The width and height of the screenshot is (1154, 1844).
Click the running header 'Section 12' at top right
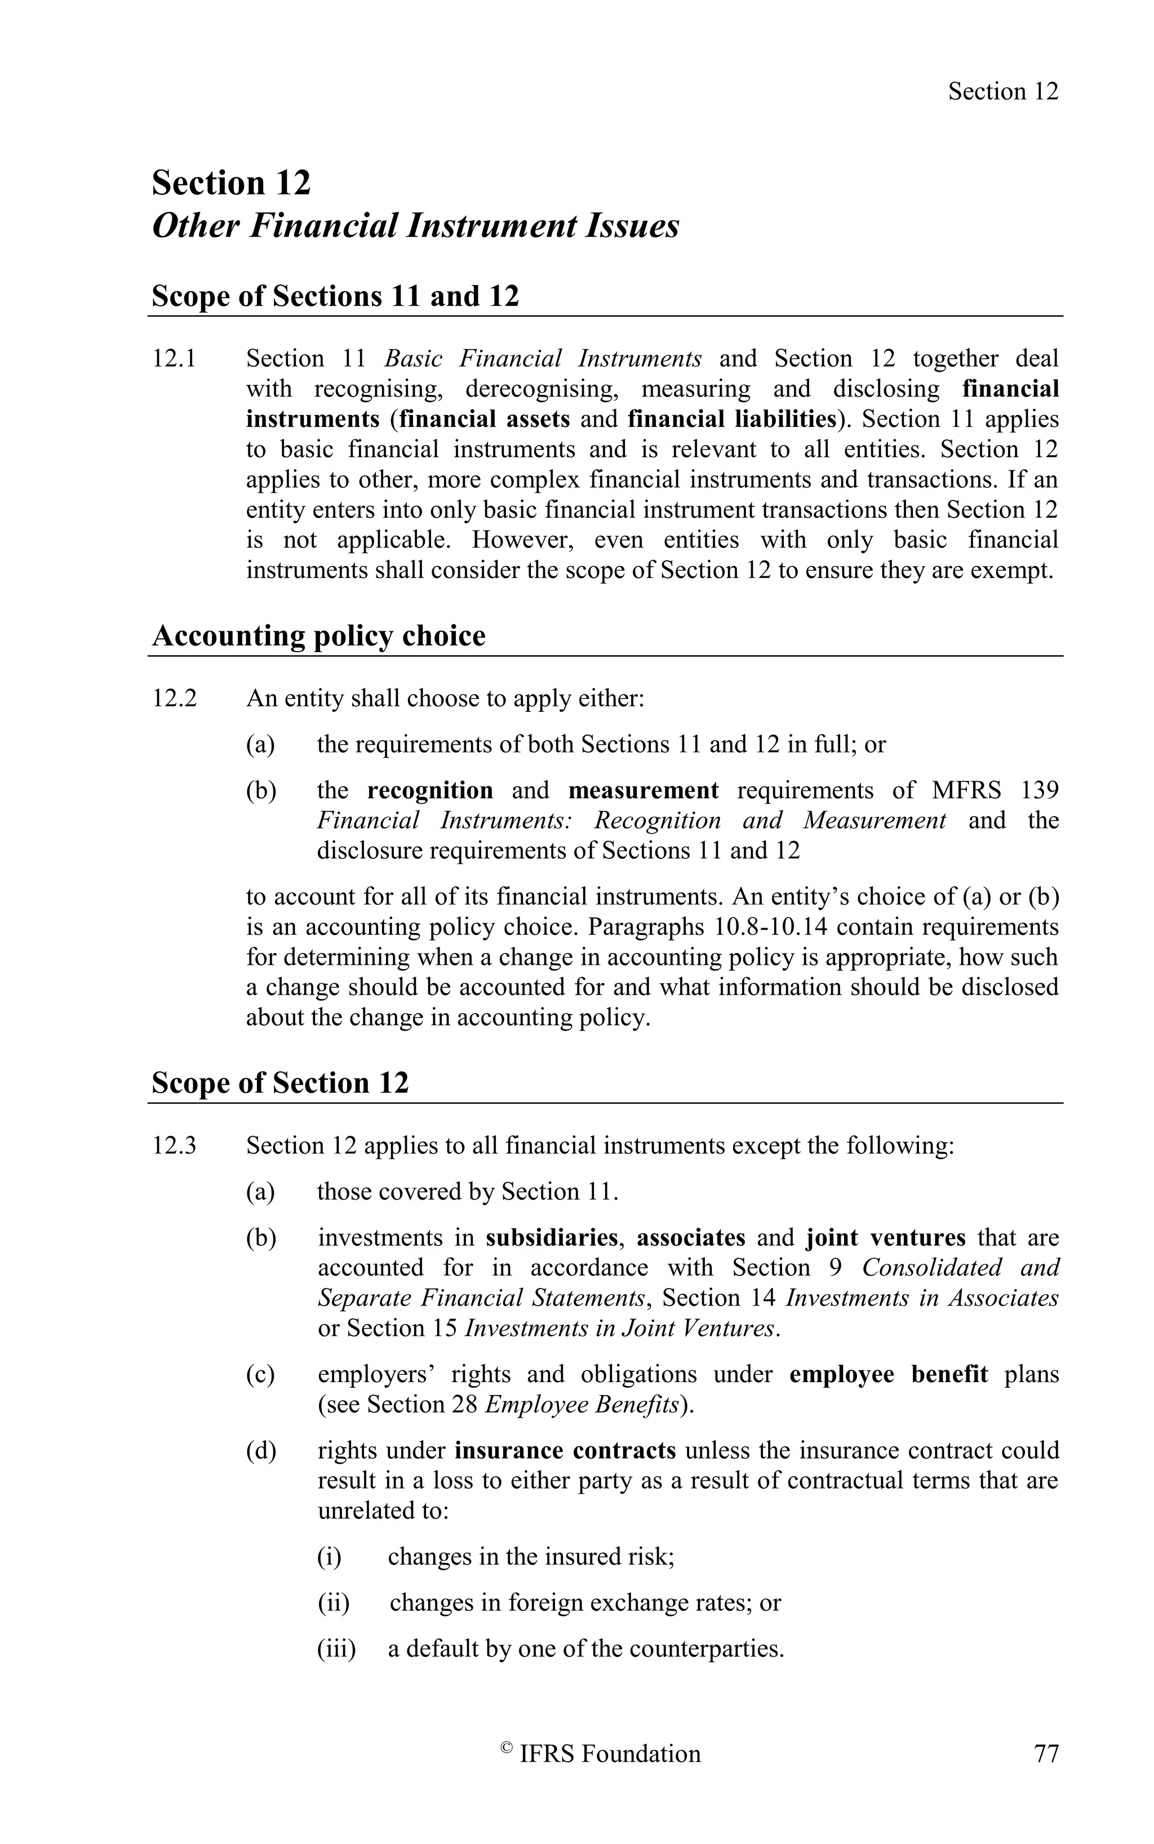tap(1003, 92)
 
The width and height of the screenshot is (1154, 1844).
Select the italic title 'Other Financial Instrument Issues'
tap(415, 226)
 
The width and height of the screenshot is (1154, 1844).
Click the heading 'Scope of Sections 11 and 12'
tap(335, 296)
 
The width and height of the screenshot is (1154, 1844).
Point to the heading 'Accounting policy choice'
tap(318, 635)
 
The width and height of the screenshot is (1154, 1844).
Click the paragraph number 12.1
tap(174, 359)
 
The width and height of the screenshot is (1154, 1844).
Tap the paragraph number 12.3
tap(174, 1146)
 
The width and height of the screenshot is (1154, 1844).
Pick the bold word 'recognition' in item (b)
tap(430, 790)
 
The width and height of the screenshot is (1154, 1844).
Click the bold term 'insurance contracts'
tap(565, 1450)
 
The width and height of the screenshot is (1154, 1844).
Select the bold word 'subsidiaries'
tap(551, 1237)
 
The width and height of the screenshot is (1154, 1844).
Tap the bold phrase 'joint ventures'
tap(885, 1237)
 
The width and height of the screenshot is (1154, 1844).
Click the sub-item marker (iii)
tap(336, 1650)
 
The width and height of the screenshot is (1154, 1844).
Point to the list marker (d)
tap(260, 1450)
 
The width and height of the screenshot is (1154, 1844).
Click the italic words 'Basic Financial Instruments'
tap(543, 359)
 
